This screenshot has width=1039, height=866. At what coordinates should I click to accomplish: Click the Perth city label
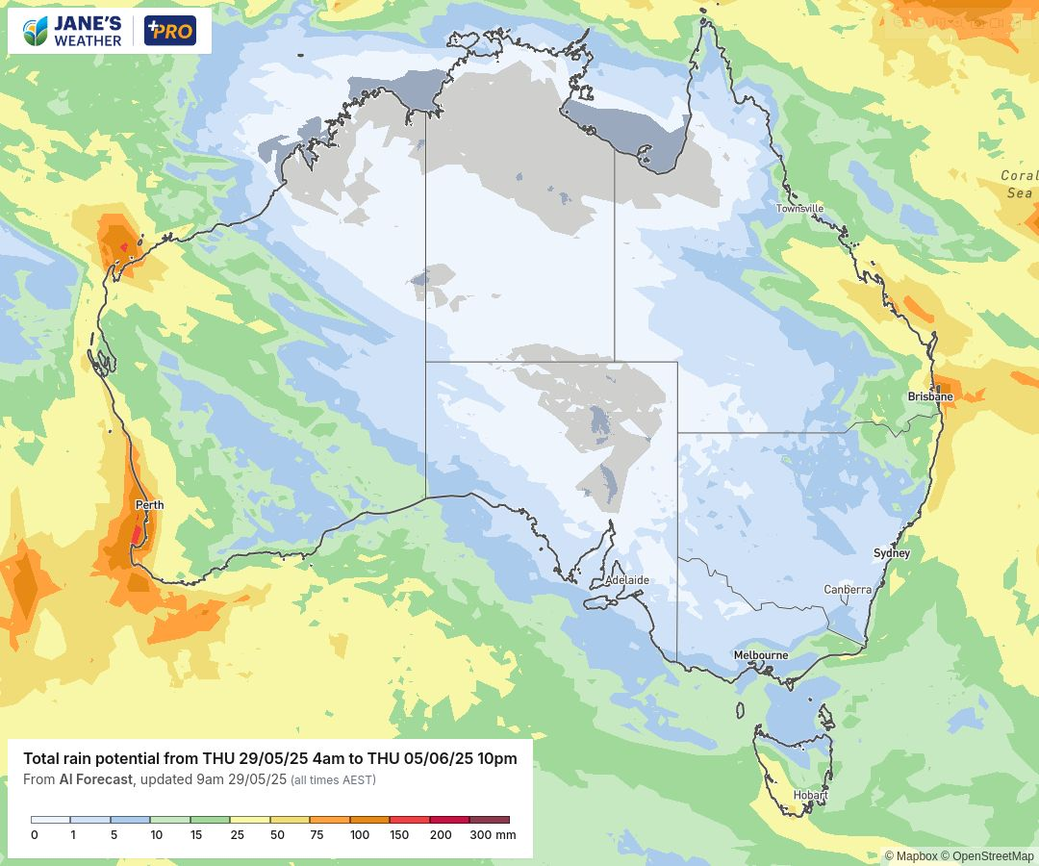[x=149, y=505]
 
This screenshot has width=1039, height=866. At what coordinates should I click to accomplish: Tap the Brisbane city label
[x=930, y=396]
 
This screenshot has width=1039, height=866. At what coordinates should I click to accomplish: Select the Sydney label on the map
[x=892, y=553]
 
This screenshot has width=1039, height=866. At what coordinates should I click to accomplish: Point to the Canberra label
[x=848, y=590]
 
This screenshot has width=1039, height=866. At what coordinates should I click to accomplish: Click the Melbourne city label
[x=761, y=655]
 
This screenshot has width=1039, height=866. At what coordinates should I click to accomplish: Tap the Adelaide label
[x=627, y=580]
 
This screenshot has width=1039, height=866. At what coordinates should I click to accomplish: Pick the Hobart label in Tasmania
[x=810, y=795]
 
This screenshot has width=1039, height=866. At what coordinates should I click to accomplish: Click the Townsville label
[x=800, y=208]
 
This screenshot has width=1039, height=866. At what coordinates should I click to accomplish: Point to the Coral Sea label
[x=1019, y=184]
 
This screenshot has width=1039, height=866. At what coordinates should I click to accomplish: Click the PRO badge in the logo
[x=170, y=31]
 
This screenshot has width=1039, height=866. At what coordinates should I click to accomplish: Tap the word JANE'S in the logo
[x=89, y=23]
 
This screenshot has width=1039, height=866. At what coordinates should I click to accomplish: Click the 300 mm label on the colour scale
[x=493, y=835]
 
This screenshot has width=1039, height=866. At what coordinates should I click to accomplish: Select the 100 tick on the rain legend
[x=360, y=835]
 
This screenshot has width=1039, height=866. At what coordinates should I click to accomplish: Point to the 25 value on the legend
[x=237, y=835]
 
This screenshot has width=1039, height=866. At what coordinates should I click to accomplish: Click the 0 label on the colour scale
[x=35, y=835]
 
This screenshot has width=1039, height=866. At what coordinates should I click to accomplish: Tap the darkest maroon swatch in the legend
[x=489, y=820]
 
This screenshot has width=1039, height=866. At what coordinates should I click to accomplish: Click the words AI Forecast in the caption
[x=95, y=779]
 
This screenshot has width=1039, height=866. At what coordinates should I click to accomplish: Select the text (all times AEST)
[x=333, y=779]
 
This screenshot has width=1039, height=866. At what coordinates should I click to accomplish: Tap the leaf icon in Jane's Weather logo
[x=36, y=31]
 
